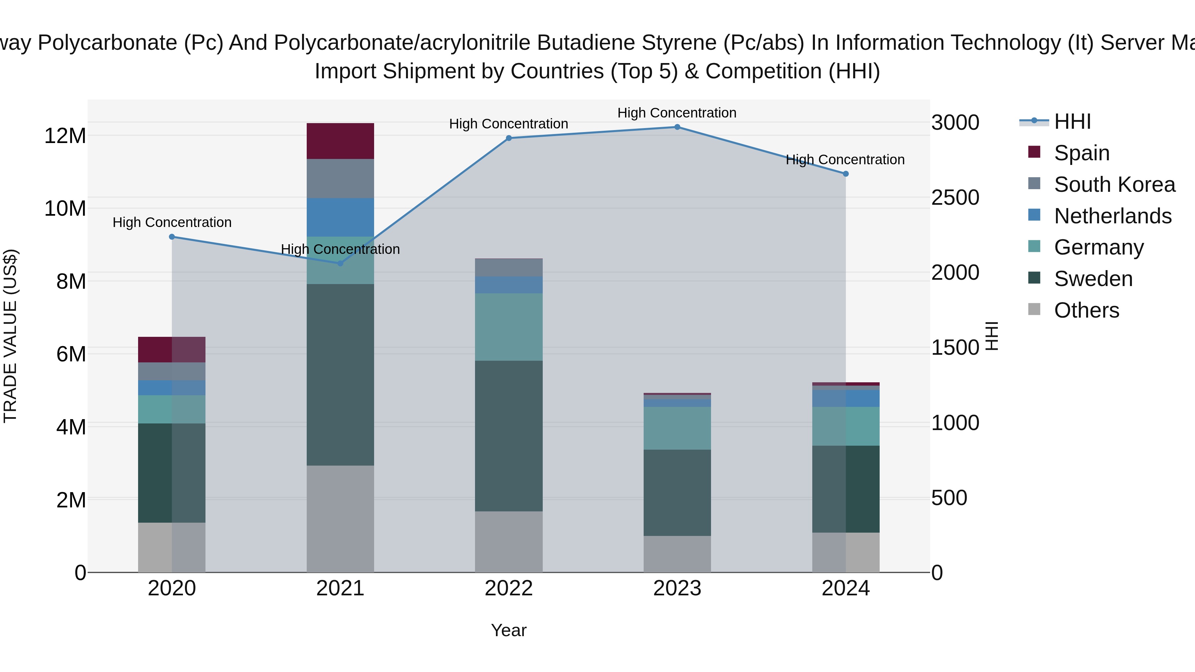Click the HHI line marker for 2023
[x=677, y=127]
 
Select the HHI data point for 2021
[x=340, y=263]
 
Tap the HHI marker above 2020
[x=172, y=237]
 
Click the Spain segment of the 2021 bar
[x=340, y=141]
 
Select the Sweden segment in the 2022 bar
[x=509, y=436]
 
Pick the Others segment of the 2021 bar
[x=340, y=518]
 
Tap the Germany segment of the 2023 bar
[x=677, y=428]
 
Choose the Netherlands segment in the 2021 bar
[x=340, y=217]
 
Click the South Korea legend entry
[x=1114, y=185]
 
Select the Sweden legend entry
[x=1093, y=279]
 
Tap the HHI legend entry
[x=1072, y=121]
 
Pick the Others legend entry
[x=1086, y=310]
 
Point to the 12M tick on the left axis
[x=65, y=136]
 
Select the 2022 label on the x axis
[x=509, y=588]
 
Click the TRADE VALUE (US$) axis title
[x=10, y=336]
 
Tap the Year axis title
[x=509, y=630]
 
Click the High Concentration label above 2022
[x=509, y=124]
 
